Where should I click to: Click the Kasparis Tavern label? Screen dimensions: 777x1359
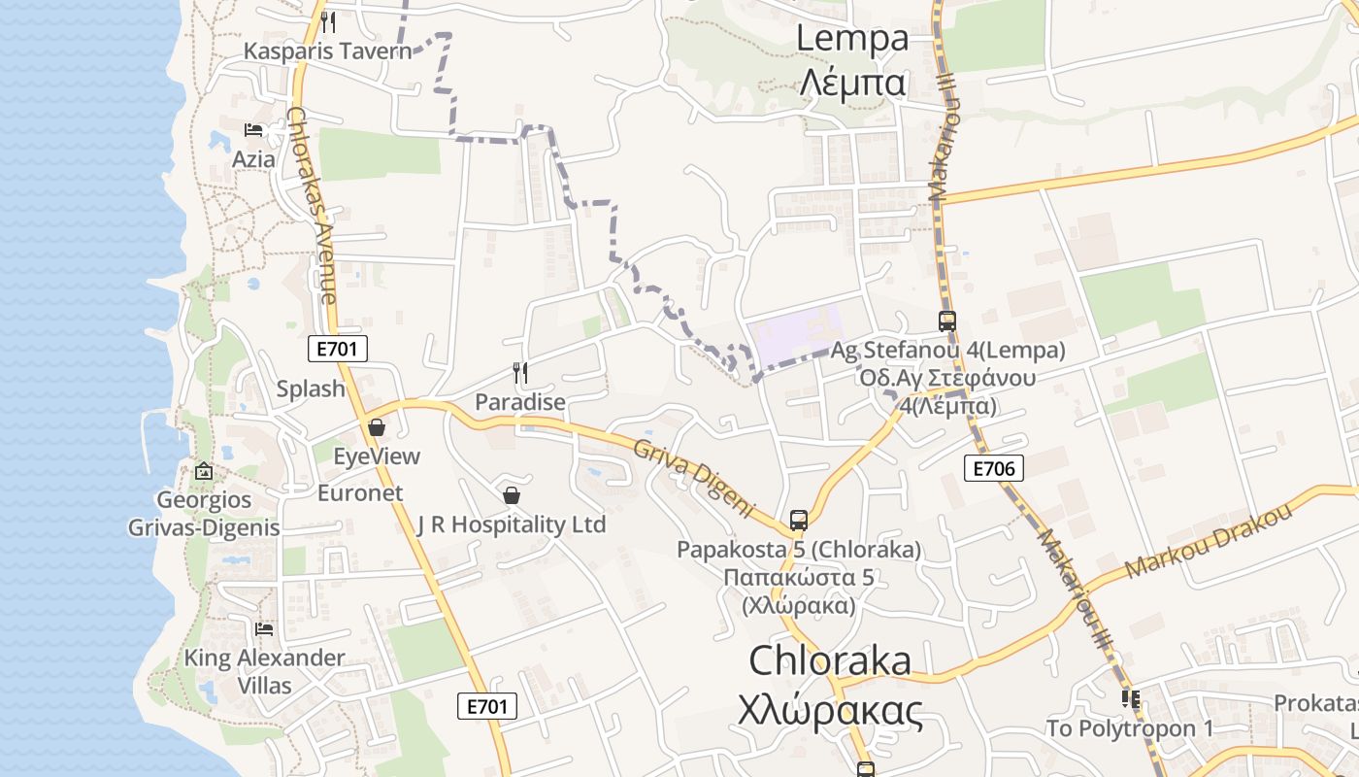click(x=327, y=51)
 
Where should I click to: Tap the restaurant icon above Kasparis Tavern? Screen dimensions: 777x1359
click(x=328, y=21)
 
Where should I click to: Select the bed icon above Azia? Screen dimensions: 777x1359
click(x=253, y=130)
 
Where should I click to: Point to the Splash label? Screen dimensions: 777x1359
click(x=311, y=388)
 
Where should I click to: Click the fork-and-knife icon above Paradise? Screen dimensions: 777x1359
click(x=520, y=372)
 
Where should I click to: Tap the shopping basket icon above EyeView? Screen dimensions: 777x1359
click(x=377, y=427)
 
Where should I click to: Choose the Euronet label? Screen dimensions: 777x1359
click(x=360, y=492)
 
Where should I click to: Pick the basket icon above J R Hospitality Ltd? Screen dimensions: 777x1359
click(x=512, y=495)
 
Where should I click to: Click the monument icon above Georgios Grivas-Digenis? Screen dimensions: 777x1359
click(x=204, y=471)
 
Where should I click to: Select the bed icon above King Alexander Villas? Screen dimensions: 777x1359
click(x=264, y=629)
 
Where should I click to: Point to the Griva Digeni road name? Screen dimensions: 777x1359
click(x=694, y=477)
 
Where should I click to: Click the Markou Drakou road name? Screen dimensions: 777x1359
click(x=1208, y=542)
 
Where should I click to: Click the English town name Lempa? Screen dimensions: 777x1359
click(x=852, y=39)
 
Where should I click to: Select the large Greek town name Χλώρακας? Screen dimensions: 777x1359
click(x=829, y=712)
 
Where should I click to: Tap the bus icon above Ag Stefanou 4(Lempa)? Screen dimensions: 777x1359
click(x=946, y=321)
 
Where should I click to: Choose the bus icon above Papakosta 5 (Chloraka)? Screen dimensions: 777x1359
click(x=798, y=520)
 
